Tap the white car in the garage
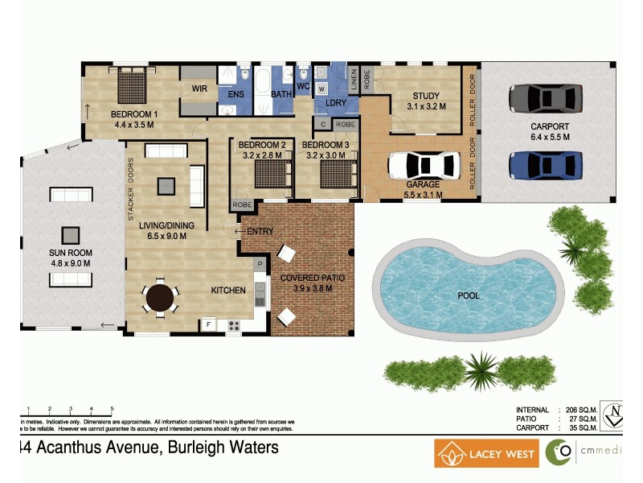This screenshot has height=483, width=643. pos(423,165)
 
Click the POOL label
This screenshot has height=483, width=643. pos(469,295)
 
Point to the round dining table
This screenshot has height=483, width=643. pos(162,297)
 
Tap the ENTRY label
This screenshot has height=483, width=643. pos(260,232)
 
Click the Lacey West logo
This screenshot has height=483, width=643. pos(486,453)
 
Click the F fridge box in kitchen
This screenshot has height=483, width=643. pos(209,325)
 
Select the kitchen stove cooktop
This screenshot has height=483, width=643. pos(235,325)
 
